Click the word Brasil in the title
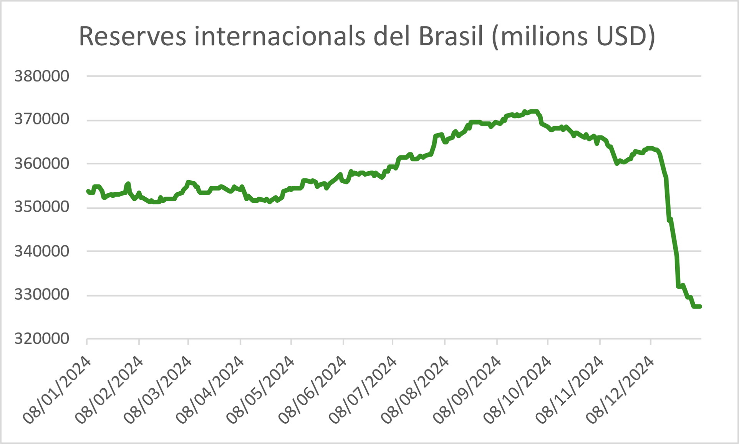[x=451, y=36]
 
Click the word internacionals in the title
[x=279, y=36]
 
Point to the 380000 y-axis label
[x=42, y=76]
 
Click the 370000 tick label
[x=42, y=119]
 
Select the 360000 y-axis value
[x=42, y=164]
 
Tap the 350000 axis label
[x=42, y=207]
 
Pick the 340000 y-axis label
[x=42, y=251]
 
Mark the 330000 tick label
[x=42, y=295]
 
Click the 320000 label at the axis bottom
[x=42, y=339]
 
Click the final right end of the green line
[x=700, y=306]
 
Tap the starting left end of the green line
[x=88, y=191]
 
